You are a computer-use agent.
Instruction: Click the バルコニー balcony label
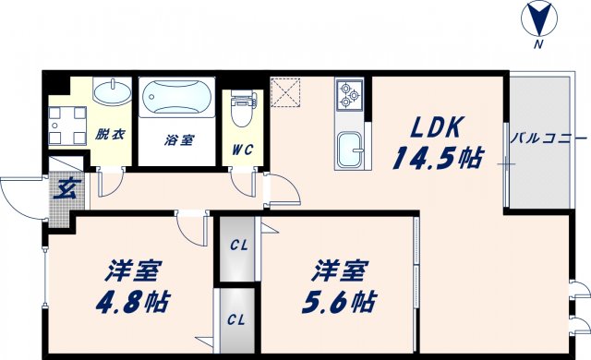pyautogui.click(x=549, y=139)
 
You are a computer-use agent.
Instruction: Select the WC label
pyautogui.click(x=243, y=149)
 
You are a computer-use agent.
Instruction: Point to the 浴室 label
pyautogui.click(x=179, y=140)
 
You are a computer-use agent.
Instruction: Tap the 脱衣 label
pyautogui.click(x=111, y=135)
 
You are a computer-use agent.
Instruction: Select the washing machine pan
pyautogui.click(x=67, y=125)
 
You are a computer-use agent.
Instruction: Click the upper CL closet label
pyautogui.click(x=239, y=246)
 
